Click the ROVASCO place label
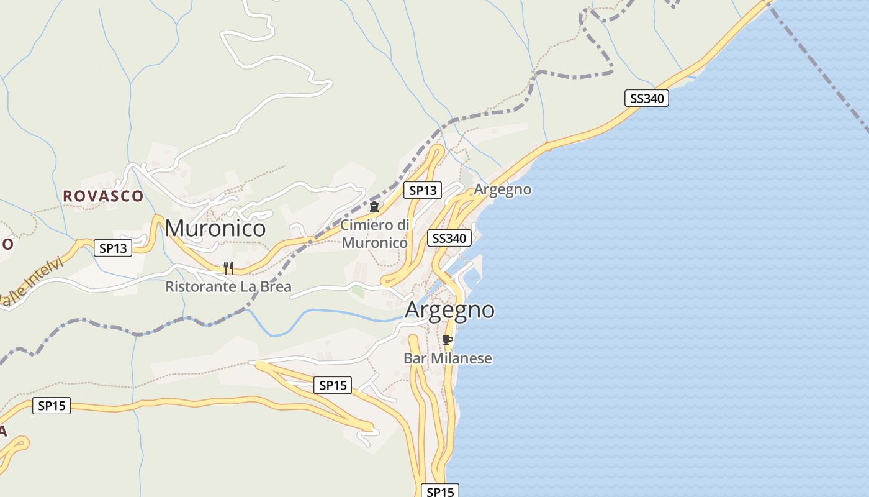coord(103,196)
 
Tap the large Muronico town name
coord(215,228)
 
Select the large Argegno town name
coord(449,309)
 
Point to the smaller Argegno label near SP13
coord(503,189)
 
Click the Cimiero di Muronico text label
coord(374,234)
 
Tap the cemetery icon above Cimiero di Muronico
coord(374,207)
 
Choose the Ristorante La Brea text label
coord(228,287)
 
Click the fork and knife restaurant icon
coord(228,268)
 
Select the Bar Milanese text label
coord(448,358)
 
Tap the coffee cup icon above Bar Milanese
coord(447,340)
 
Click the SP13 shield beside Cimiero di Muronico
coord(423,190)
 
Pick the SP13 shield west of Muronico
coord(113,248)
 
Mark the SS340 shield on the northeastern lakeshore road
coord(646,98)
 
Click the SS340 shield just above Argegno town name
coord(449,238)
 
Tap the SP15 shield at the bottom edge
coord(440,491)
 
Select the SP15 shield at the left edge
coord(52,406)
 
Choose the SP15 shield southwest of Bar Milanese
coord(333,385)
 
